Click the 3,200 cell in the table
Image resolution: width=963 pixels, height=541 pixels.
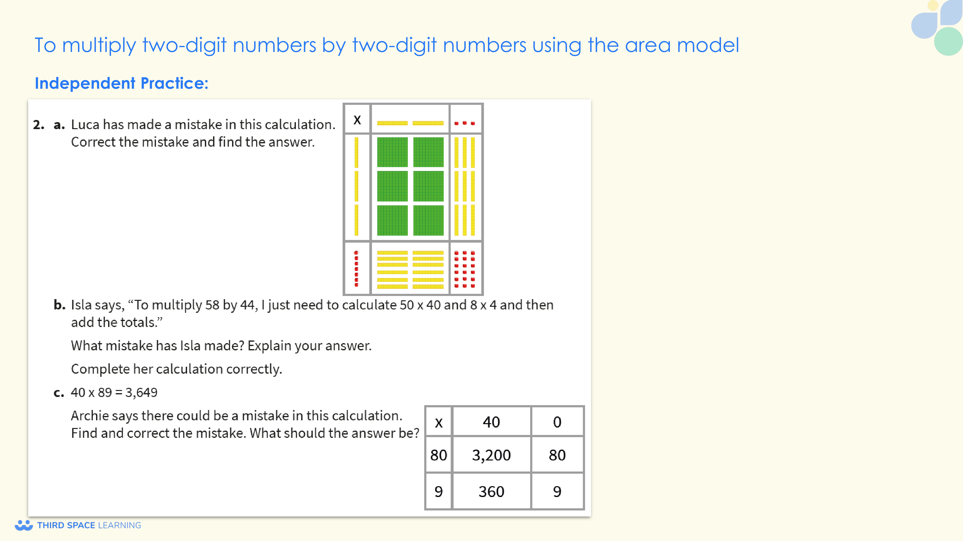click(491, 455)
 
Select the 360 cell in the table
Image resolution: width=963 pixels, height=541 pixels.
click(491, 491)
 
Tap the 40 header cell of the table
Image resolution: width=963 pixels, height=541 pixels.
click(491, 422)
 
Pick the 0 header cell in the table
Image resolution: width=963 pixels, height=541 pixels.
click(557, 422)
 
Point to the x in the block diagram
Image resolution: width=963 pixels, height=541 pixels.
click(357, 120)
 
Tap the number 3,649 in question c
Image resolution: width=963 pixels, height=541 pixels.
click(141, 392)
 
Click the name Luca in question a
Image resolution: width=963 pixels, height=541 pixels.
click(85, 124)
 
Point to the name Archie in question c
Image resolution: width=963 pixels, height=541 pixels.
click(90, 415)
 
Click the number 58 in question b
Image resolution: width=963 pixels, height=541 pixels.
click(212, 305)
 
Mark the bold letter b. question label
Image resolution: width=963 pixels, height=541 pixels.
click(59, 305)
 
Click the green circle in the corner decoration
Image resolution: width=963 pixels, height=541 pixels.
click(948, 41)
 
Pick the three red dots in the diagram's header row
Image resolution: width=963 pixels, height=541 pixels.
click(465, 123)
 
